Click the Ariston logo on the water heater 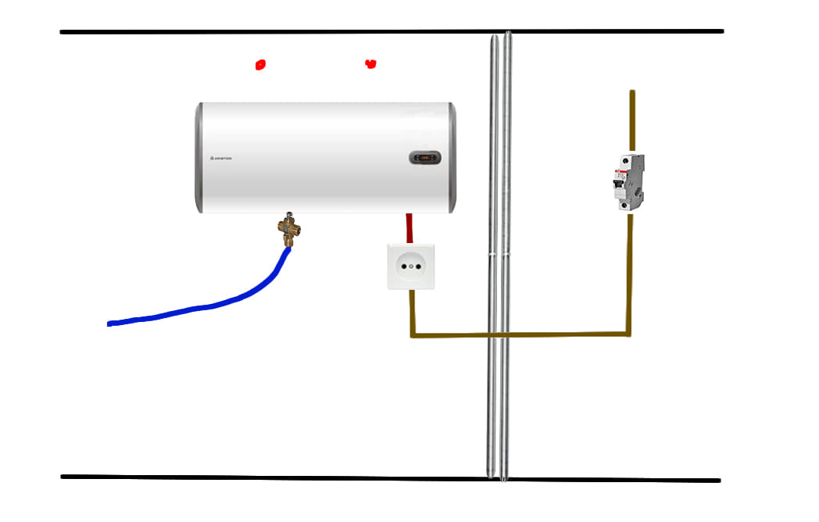221,158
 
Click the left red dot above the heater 260,65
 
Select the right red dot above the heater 370,64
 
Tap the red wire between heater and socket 409,227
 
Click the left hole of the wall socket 404,266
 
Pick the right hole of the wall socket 418,266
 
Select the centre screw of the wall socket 411,266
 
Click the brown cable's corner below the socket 413,336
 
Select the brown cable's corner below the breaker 629,334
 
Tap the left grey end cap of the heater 200,158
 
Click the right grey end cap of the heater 452,158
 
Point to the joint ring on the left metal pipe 492,255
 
